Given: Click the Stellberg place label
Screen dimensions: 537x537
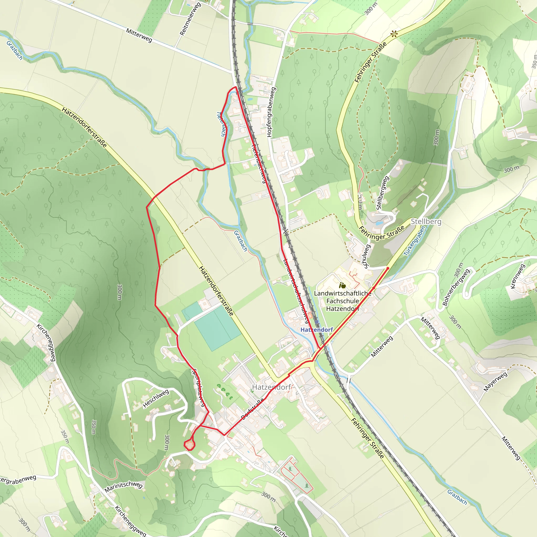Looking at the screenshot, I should coord(426,222).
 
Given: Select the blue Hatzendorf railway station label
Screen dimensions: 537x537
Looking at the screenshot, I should coord(316,330).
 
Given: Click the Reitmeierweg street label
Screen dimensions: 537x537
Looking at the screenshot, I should coord(190,19).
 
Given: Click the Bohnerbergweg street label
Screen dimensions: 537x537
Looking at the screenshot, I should coord(456,287).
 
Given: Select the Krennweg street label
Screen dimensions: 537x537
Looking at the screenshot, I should coord(518,276).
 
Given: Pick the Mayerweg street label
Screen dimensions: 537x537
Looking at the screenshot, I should coord(495,382).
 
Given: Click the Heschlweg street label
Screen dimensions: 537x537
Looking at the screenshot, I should coord(156,399).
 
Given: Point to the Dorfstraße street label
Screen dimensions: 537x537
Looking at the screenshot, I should coord(252,408).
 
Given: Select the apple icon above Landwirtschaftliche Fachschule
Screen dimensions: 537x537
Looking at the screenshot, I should coord(342,285).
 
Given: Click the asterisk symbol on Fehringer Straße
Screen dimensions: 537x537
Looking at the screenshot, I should coord(394,34).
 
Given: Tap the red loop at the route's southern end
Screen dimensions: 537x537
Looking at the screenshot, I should coord(190,445).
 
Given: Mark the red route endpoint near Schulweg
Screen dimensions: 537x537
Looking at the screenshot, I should coord(388,268).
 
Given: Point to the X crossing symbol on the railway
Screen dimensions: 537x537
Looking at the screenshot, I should coord(286,231).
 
